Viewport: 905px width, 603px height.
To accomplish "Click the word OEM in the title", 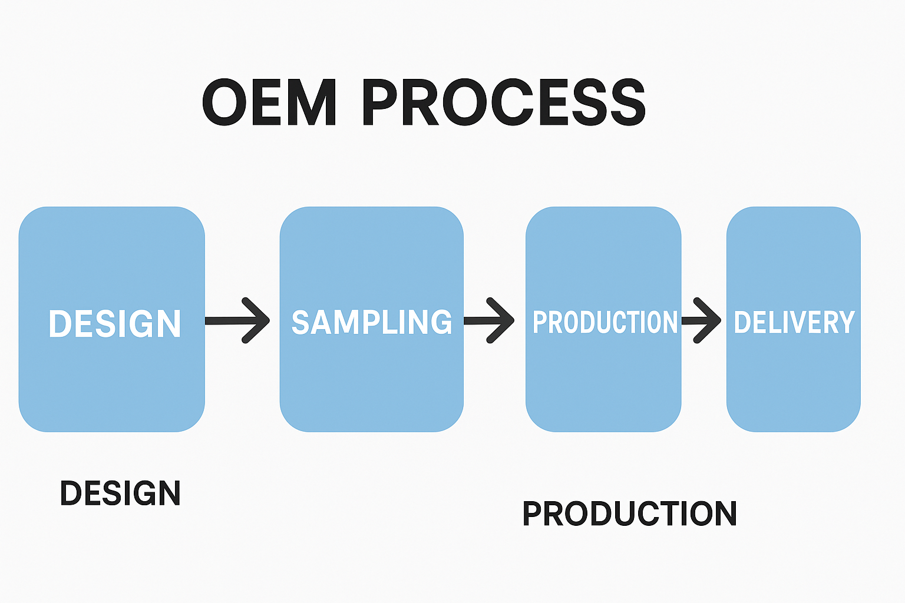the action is [269, 102].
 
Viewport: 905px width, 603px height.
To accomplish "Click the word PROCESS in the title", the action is [504, 102].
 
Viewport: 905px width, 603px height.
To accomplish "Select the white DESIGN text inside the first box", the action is [115, 323].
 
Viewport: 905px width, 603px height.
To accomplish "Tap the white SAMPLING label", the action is [372, 322].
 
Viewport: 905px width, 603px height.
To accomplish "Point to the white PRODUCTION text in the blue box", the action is [605, 322].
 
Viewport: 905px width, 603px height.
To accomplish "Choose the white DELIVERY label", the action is [794, 322].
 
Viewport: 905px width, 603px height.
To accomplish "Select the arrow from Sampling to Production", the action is [489, 321].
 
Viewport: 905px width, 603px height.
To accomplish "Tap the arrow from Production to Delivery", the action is [701, 321].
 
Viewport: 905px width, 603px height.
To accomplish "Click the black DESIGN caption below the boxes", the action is [120, 493].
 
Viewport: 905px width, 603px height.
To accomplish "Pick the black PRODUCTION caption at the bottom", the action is [629, 513].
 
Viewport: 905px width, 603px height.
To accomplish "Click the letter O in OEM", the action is [224, 102].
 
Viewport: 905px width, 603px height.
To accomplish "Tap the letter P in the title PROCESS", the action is [380, 102].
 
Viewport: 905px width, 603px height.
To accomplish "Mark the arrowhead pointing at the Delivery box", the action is [708, 321].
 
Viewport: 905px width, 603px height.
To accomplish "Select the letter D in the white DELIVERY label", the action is [742, 322].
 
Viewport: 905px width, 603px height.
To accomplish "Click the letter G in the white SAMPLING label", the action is [442, 322].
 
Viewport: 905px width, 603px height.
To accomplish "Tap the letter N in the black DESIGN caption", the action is [169, 493].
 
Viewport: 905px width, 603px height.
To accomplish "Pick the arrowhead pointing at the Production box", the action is [501, 321].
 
